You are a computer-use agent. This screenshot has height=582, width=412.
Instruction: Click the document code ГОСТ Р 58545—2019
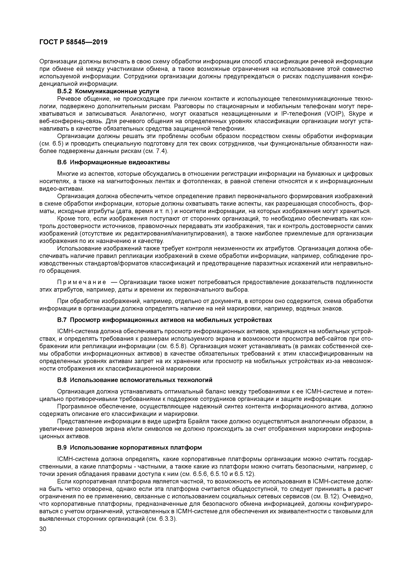[x=73, y=42]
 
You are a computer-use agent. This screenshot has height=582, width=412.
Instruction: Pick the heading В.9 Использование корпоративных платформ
[x=129, y=447]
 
